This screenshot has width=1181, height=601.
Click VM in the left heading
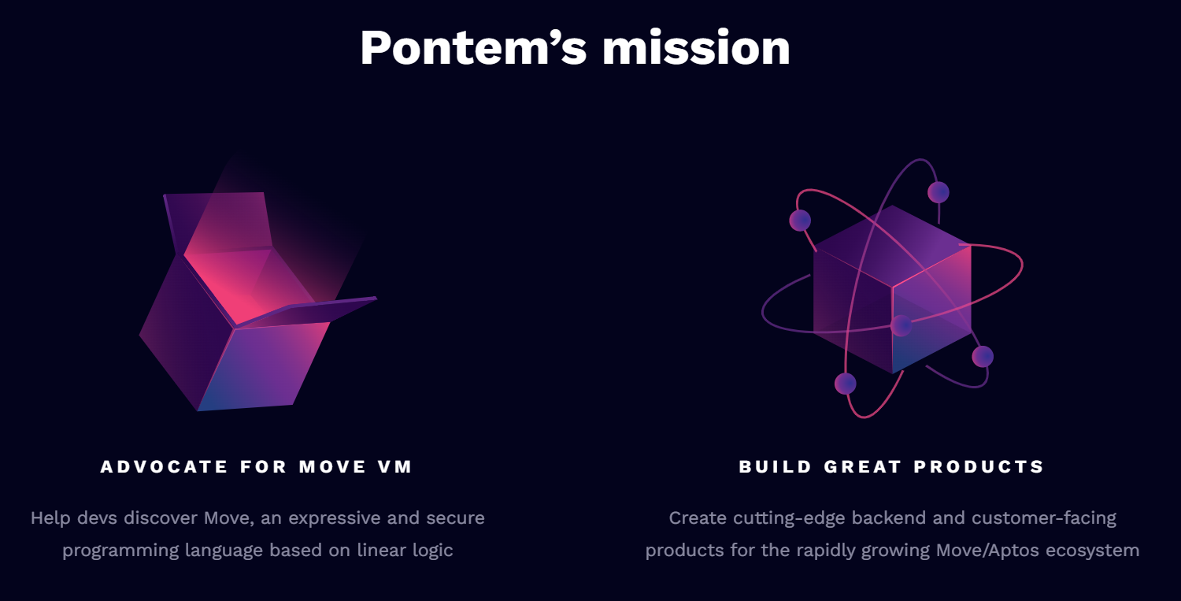click(394, 467)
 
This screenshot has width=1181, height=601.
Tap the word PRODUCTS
click(979, 467)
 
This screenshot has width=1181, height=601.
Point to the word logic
click(432, 550)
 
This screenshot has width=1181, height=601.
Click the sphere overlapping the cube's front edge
click(901, 325)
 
